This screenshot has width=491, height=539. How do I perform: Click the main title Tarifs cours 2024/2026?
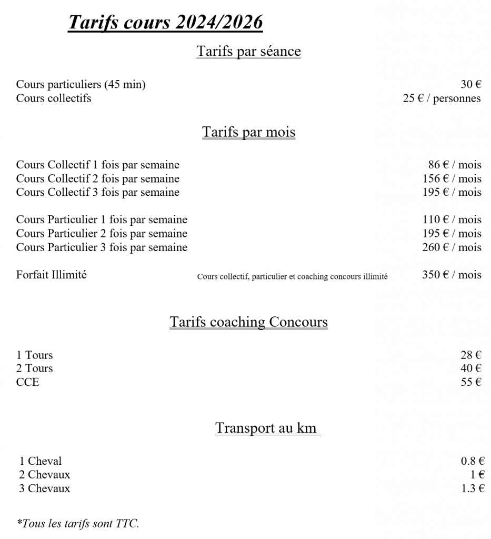[165, 23]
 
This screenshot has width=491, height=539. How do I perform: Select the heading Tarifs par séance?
[248, 51]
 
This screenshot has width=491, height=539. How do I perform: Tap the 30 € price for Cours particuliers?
[471, 84]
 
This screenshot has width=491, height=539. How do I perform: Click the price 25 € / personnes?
[442, 98]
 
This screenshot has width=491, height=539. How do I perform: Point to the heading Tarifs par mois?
[248, 132]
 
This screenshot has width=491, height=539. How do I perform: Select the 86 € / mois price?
[455, 165]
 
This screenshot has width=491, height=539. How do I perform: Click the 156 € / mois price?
[452, 178]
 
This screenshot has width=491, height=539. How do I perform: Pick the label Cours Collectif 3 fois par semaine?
[98, 192]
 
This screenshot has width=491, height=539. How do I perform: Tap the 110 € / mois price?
[452, 219]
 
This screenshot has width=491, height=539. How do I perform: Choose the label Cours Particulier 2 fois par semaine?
[102, 233]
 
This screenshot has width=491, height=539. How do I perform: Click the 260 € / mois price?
[452, 247]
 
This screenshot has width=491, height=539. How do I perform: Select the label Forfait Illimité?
[51, 274]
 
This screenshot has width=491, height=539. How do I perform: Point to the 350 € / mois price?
[452, 274]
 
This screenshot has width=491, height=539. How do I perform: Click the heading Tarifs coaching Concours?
[248, 322]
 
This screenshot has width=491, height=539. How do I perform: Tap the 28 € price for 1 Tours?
[471, 355]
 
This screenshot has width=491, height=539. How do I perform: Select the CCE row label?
[27, 382]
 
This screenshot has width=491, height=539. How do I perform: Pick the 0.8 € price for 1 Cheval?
[473, 461]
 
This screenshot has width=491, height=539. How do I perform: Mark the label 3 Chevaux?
[45, 488]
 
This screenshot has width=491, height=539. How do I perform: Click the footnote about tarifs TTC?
[78, 524]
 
